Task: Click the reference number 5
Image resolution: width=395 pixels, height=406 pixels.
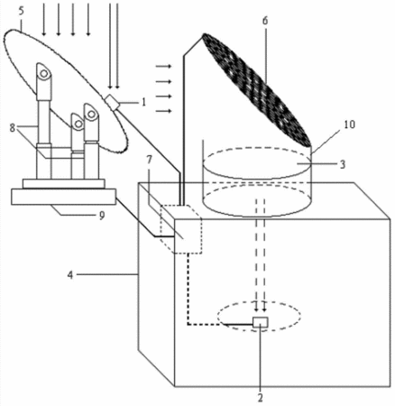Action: click(21, 11)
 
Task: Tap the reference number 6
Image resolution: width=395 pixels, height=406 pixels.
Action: click(265, 21)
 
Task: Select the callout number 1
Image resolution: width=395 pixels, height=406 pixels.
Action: click(143, 102)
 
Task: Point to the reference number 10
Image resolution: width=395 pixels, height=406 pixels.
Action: click(349, 125)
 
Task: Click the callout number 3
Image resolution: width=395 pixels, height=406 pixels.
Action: click(343, 164)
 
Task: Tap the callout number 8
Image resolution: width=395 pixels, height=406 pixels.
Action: click(12, 128)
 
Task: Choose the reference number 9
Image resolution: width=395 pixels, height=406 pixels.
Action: click(102, 216)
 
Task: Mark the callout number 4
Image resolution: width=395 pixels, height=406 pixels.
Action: click(70, 274)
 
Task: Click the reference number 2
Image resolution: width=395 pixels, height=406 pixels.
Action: click(261, 398)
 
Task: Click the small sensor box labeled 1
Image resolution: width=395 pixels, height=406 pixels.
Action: click(113, 103)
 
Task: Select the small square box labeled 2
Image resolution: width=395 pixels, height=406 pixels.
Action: click(261, 322)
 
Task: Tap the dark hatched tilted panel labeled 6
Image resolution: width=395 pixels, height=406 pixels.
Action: click(257, 90)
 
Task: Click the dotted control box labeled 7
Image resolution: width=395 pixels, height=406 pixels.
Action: click(181, 229)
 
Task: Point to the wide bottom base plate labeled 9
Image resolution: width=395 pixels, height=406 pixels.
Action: click(63, 197)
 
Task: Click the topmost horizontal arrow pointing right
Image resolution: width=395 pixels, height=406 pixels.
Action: click(163, 66)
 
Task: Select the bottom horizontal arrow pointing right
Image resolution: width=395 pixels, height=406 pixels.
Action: click(163, 111)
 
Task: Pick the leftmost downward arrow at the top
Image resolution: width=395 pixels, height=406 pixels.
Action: click(44, 20)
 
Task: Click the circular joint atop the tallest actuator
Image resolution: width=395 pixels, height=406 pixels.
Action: click(44, 73)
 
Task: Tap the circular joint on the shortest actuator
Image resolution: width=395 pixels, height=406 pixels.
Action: click(78, 124)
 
